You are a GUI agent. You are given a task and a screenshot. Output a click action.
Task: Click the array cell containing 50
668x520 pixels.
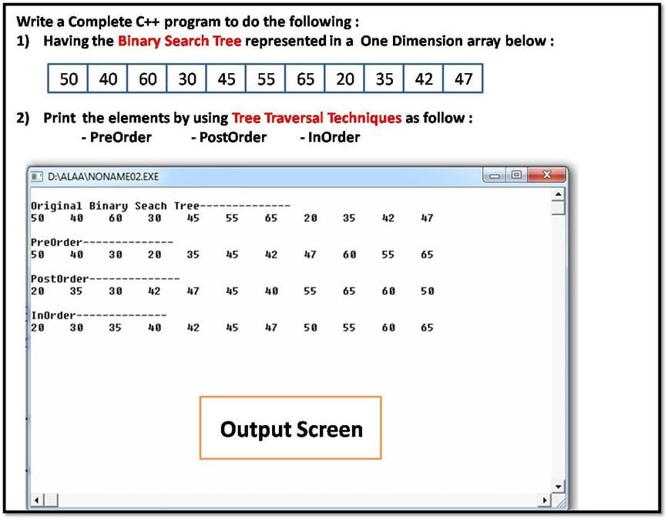tap(69, 79)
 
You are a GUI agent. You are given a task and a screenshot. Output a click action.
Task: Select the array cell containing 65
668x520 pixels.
tap(305, 79)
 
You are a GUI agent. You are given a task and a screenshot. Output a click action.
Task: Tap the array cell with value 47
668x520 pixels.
tap(463, 79)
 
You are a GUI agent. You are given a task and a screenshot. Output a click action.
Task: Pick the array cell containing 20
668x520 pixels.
tap(345, 79)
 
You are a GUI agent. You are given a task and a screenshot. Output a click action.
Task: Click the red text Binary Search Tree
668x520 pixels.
tap(180, 41)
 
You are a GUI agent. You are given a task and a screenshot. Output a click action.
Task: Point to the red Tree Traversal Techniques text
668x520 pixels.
tap(317, 118)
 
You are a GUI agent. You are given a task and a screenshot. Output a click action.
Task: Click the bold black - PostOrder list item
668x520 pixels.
tap(229, 137)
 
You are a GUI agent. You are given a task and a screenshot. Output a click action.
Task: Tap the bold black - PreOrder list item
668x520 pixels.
tap(116, 137)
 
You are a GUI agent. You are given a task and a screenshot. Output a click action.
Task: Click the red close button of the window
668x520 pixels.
tap(546, 176)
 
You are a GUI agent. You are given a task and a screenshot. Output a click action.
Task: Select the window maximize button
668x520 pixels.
tap(516, 176)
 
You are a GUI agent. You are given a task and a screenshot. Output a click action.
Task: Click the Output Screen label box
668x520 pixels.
tap(290, 428)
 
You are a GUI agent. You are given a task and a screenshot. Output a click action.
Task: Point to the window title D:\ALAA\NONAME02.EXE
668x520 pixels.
tap(102, 176)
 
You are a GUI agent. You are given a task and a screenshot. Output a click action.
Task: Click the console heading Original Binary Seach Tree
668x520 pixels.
tap(115, 206)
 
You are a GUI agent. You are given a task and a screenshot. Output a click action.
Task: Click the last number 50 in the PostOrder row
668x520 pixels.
tap(427, 291)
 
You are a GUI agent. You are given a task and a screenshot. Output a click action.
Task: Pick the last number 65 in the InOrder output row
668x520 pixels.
tap(427, 327)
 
